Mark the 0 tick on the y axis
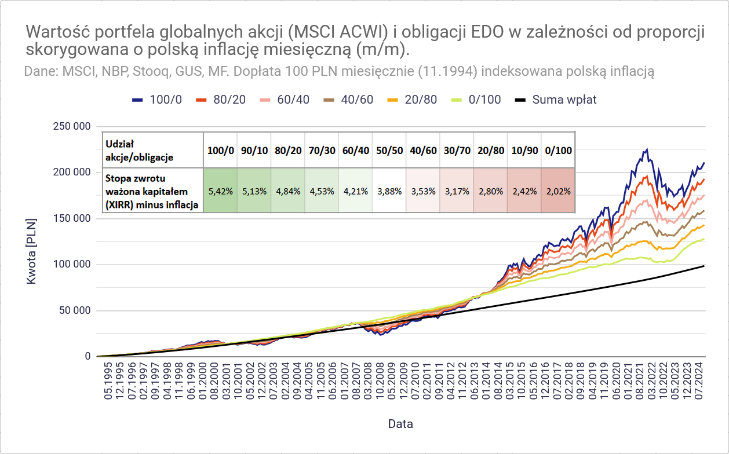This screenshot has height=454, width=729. point(88,357)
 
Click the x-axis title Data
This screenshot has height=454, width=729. point(400,424)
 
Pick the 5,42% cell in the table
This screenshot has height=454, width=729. point(221,191)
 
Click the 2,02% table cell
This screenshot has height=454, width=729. point(558,191)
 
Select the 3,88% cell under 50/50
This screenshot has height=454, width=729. point(389,191)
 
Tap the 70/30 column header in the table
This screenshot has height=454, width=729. point(322,151)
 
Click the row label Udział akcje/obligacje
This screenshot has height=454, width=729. point(139,150)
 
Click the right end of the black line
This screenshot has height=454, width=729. point(704,265)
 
